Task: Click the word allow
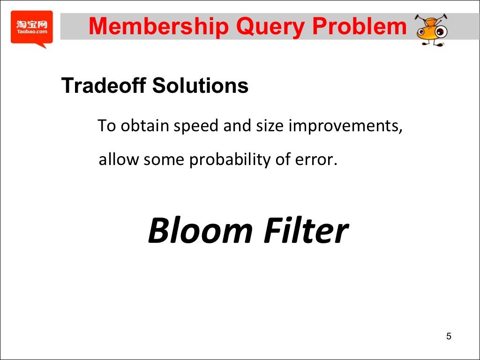click(119, 160)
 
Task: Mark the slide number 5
click(449, 337)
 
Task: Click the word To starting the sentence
click(106, 127)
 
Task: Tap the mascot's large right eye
click(441, 32)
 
